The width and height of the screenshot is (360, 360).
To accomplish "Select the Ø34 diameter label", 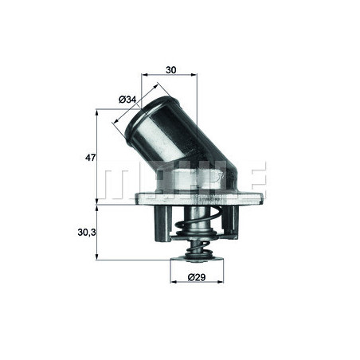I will (127, 99).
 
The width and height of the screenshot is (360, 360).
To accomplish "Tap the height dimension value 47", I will (90, 158).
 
